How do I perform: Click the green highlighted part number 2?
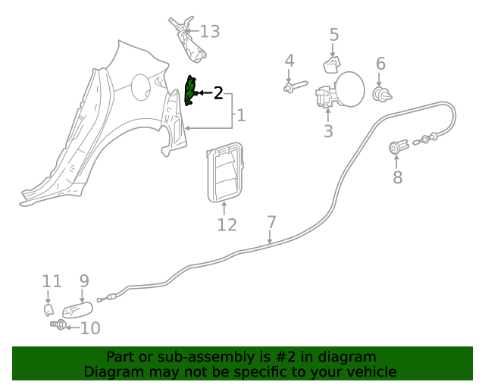click(x=190, y=90)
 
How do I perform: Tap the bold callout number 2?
click(x=218, y=92)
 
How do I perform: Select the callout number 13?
click(x=210, y=32)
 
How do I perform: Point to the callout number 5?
click(x=334, y=34)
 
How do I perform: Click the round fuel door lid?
click(x=350, y=89)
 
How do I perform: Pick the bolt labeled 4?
click(x=296, y=86)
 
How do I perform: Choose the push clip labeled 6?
click(x=382, y=94)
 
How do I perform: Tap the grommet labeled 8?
click(x=399, y=146)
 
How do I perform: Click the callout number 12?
click(x=227, y=224)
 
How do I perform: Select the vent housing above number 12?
click(x=225, y=173)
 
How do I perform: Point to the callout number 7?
click(x=271, y=222)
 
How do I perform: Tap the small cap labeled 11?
click(x=48, y=310)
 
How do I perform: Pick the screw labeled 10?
click(x=58, y=325)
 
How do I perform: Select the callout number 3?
click(x=328, y=131)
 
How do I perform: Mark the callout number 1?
click(x=241, y=115)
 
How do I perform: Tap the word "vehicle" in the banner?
click(x=376, y=372)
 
